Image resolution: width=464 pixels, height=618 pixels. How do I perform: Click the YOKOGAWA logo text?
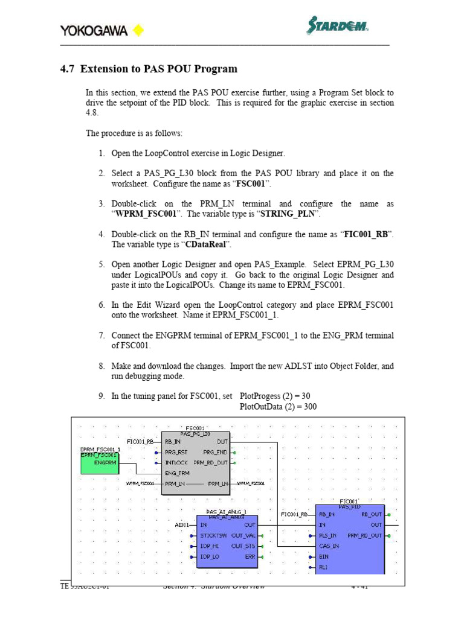point(94,31)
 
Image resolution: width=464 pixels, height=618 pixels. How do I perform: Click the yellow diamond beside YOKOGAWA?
point(138,30)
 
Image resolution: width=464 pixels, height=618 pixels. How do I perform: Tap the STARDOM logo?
point(338,27)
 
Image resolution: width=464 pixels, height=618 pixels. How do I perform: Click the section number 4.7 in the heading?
point(67,69)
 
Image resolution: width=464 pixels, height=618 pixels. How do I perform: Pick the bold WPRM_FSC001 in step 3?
point(146,214)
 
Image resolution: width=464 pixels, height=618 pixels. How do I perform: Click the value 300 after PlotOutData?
point(310,406)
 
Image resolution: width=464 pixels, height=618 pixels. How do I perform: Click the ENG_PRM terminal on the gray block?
point(178,473)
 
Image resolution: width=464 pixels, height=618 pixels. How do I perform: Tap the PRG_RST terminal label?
point(177,452)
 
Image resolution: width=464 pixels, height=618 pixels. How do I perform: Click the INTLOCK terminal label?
point(178,463)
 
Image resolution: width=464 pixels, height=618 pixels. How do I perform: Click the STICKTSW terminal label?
point(213,535)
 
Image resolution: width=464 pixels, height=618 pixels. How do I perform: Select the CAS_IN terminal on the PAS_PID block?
point(329,546)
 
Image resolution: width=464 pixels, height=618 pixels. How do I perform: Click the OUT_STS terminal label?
point(243,546)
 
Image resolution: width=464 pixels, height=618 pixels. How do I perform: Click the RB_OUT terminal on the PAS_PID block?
point(372,515)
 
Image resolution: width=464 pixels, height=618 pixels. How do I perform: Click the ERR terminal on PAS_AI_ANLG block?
point(250,556)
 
